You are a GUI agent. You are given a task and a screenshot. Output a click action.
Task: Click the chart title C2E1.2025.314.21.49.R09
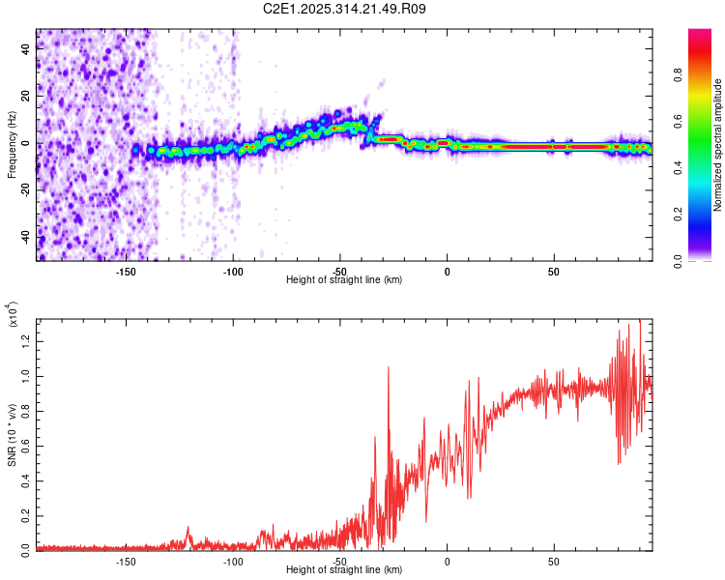coord(345,10)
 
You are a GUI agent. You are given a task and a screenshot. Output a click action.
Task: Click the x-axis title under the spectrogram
coord(344,280)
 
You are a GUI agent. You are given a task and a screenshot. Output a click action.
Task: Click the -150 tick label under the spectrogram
coord(125,271)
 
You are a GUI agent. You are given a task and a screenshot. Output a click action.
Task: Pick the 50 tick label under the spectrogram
coord(554,271)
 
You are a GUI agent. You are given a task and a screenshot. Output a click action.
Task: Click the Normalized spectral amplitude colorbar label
coord(717,145)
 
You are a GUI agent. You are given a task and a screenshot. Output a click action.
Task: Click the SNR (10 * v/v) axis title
coord(13,435)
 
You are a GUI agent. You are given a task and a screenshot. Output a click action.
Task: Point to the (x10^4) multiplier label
coord(13,314)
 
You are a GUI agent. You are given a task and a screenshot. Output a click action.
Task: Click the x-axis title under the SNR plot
coord(344,570)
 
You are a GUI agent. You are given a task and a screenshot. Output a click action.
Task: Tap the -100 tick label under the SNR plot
coord(232,561)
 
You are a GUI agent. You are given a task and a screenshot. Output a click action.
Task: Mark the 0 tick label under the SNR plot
coord(447,561)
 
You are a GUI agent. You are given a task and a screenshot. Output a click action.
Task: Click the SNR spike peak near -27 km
coord(389,367)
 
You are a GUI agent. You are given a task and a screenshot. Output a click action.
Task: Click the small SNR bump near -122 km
coord(188,528)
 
